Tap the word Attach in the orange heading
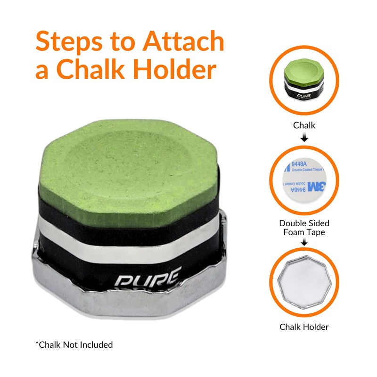click(184, 41)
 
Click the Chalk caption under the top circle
click(304, 126)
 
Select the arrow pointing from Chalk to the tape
click(304, 138)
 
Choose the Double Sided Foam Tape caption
click(304, 227)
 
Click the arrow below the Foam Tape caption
click(304, 243)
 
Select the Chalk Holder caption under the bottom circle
click(304, 327)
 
